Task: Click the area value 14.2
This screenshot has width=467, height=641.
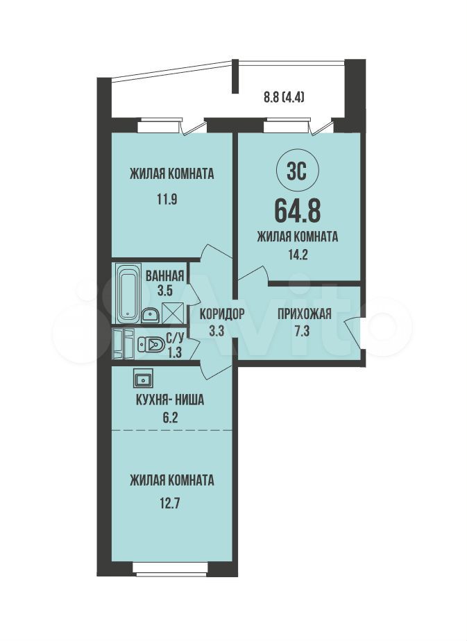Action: (297, 255)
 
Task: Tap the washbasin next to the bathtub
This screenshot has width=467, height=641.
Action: (151, 315)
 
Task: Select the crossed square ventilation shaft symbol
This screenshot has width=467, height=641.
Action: (173, 313)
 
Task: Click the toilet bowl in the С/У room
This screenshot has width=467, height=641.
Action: (151, 345)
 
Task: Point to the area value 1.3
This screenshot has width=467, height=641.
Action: (174, 352)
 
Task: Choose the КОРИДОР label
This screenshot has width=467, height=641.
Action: (222, 314)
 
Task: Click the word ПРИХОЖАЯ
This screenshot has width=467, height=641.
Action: (305, 314)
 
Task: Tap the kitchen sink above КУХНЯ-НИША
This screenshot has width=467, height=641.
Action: (143, 377)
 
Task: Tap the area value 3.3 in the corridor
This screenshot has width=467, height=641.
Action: (216, 330)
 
